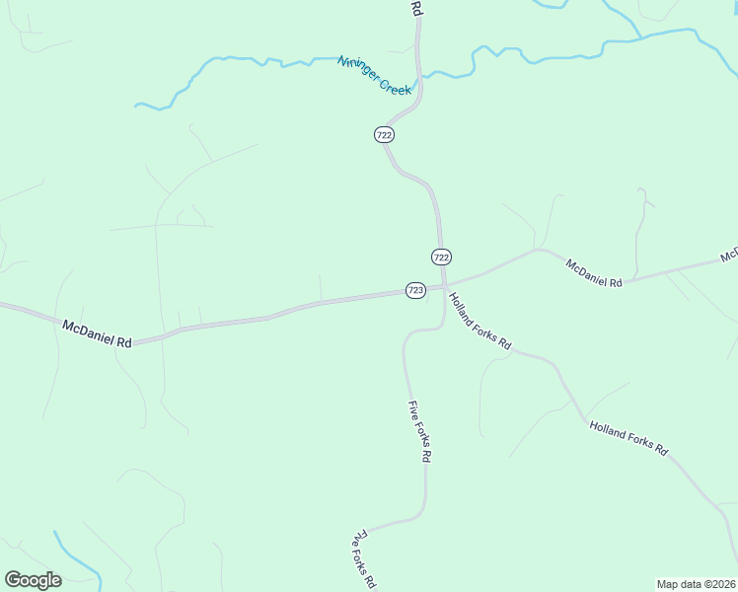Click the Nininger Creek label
(x=374, y=75)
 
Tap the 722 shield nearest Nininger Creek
(x=385, y=134)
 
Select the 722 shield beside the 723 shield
(x=441, y=257)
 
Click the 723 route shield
(x=415, y=290)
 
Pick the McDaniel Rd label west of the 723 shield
(x=97, y=333)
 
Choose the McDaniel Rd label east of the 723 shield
(x=594, y=272)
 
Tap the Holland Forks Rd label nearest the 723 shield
(x=480, y=321)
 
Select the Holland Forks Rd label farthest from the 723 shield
(x=628, y=439)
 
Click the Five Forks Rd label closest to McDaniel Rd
(x=420, y=432)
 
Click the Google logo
(x=33, y=580)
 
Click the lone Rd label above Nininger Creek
(x=416, y=8)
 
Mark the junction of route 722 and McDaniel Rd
(x=443, y=284)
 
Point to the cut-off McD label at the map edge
(x=729, y=256)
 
